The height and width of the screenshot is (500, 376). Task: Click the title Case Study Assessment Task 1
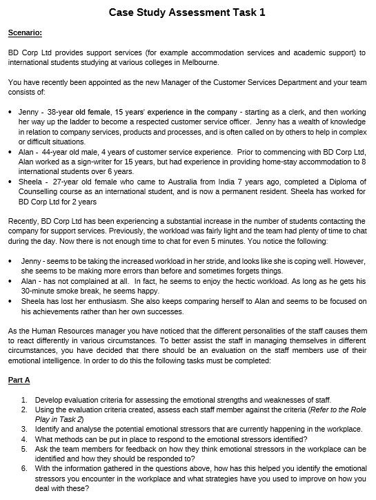click(x=187, y=12)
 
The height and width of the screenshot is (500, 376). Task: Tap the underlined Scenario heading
click(x=25, y=32)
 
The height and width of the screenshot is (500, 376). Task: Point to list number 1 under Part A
click(x=25, y=400)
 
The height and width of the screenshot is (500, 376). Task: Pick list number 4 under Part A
click(x=25, y=439)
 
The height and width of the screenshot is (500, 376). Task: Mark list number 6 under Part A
click(x=25, y=468)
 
